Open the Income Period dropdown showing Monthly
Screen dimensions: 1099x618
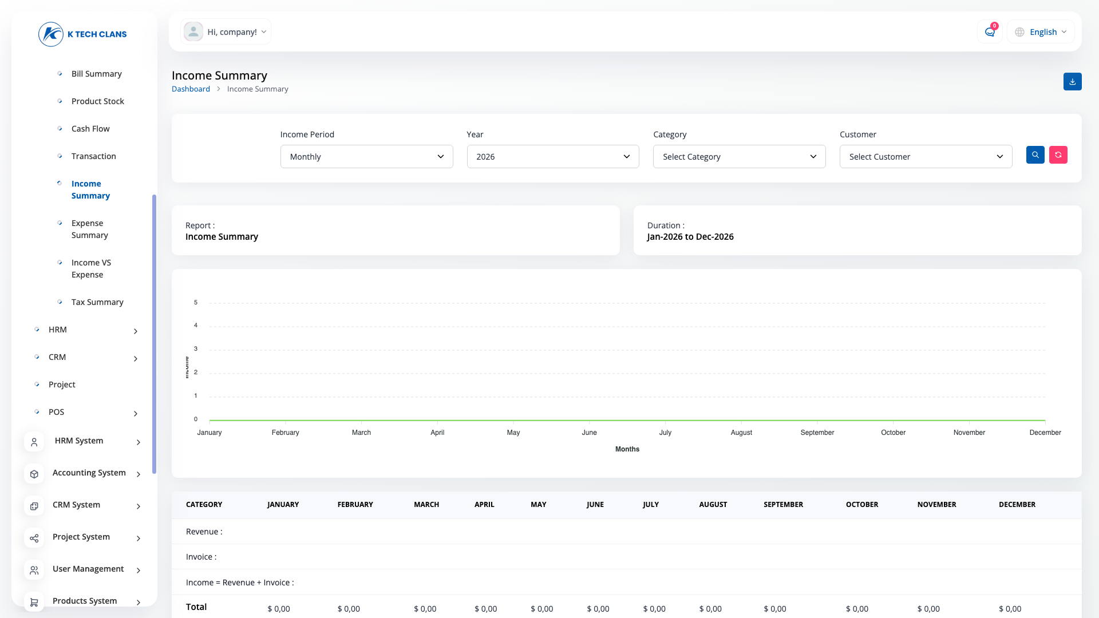click(x=366, y=157)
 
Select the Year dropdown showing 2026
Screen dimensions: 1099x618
click(x=553, y=157)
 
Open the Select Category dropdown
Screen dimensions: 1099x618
click(x=740, y=157)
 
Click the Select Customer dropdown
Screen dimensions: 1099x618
click(x=926, y=157)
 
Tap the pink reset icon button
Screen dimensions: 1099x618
click(x=1058, y=155)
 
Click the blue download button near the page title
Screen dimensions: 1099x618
click(x=1073, y=82)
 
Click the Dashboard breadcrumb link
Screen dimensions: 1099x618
click(x=191, y=89)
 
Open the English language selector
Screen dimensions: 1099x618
click(x=1041, y=32)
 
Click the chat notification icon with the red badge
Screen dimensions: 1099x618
click(x=990, y=32)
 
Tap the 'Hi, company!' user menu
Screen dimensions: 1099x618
click(x=226, y=32)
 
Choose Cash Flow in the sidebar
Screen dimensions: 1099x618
click(x=90, y=129)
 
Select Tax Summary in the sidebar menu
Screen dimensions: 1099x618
click(x=97, y=302)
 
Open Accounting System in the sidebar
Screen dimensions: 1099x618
click(x=89, y=473)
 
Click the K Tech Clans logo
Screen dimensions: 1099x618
click(x=83, y=34)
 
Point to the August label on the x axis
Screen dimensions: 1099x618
click(x=741, y=433)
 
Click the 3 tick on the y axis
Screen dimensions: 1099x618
click(x=196, y=349)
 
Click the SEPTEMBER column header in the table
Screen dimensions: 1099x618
click(x=783, y=505)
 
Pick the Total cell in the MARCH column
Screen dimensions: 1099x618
click(x=425, y=609)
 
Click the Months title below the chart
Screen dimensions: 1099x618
click(x=627, y=449)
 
